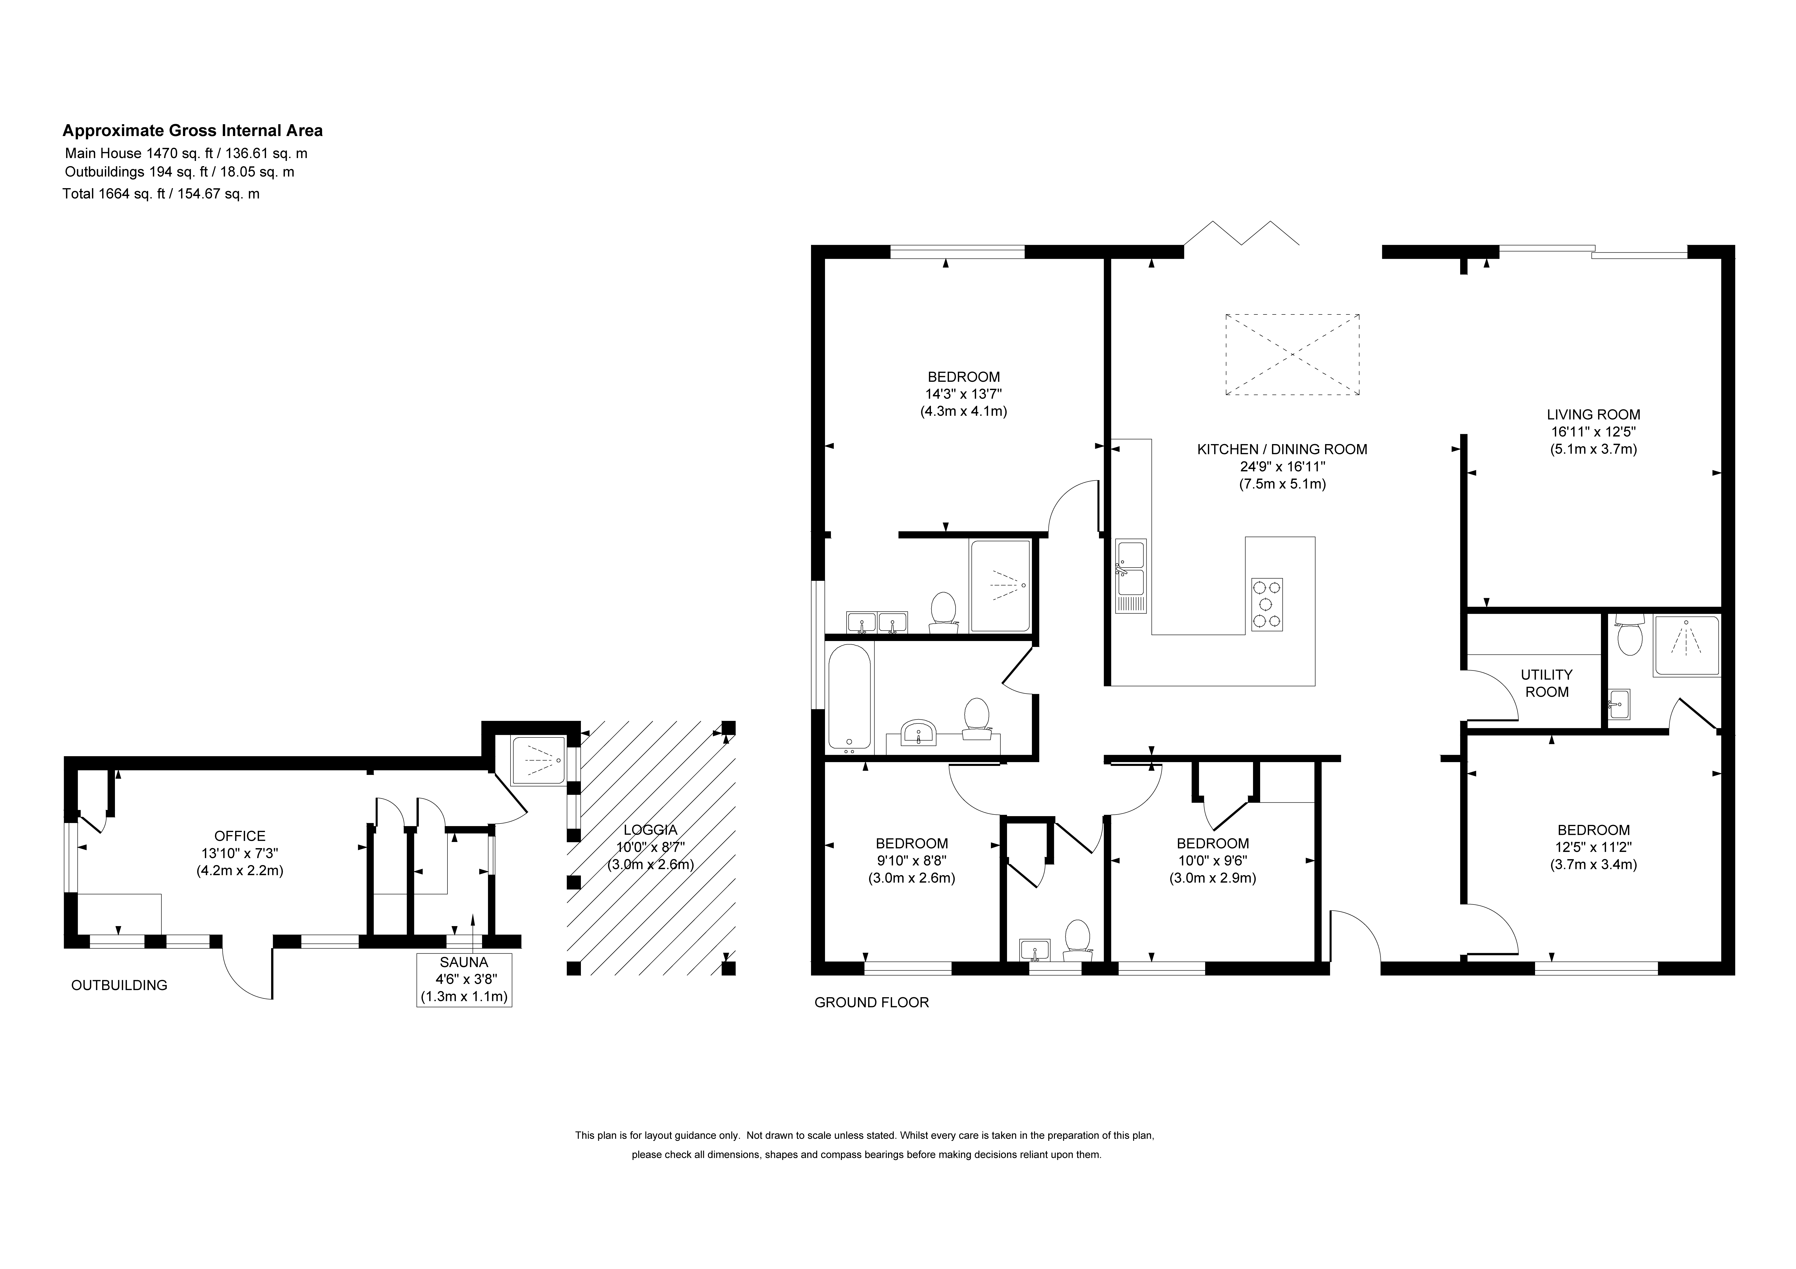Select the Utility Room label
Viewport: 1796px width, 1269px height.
(1546, 683)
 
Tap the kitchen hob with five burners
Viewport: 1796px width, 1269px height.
(1267, 603)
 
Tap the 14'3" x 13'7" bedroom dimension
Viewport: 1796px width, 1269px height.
(963, 394)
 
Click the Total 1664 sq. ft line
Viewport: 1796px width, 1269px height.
(161, 194)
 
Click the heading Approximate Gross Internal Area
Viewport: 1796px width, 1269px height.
(192, 131)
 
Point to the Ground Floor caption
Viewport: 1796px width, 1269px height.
(871, 1002)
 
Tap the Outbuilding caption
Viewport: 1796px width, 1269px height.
(119, 985)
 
